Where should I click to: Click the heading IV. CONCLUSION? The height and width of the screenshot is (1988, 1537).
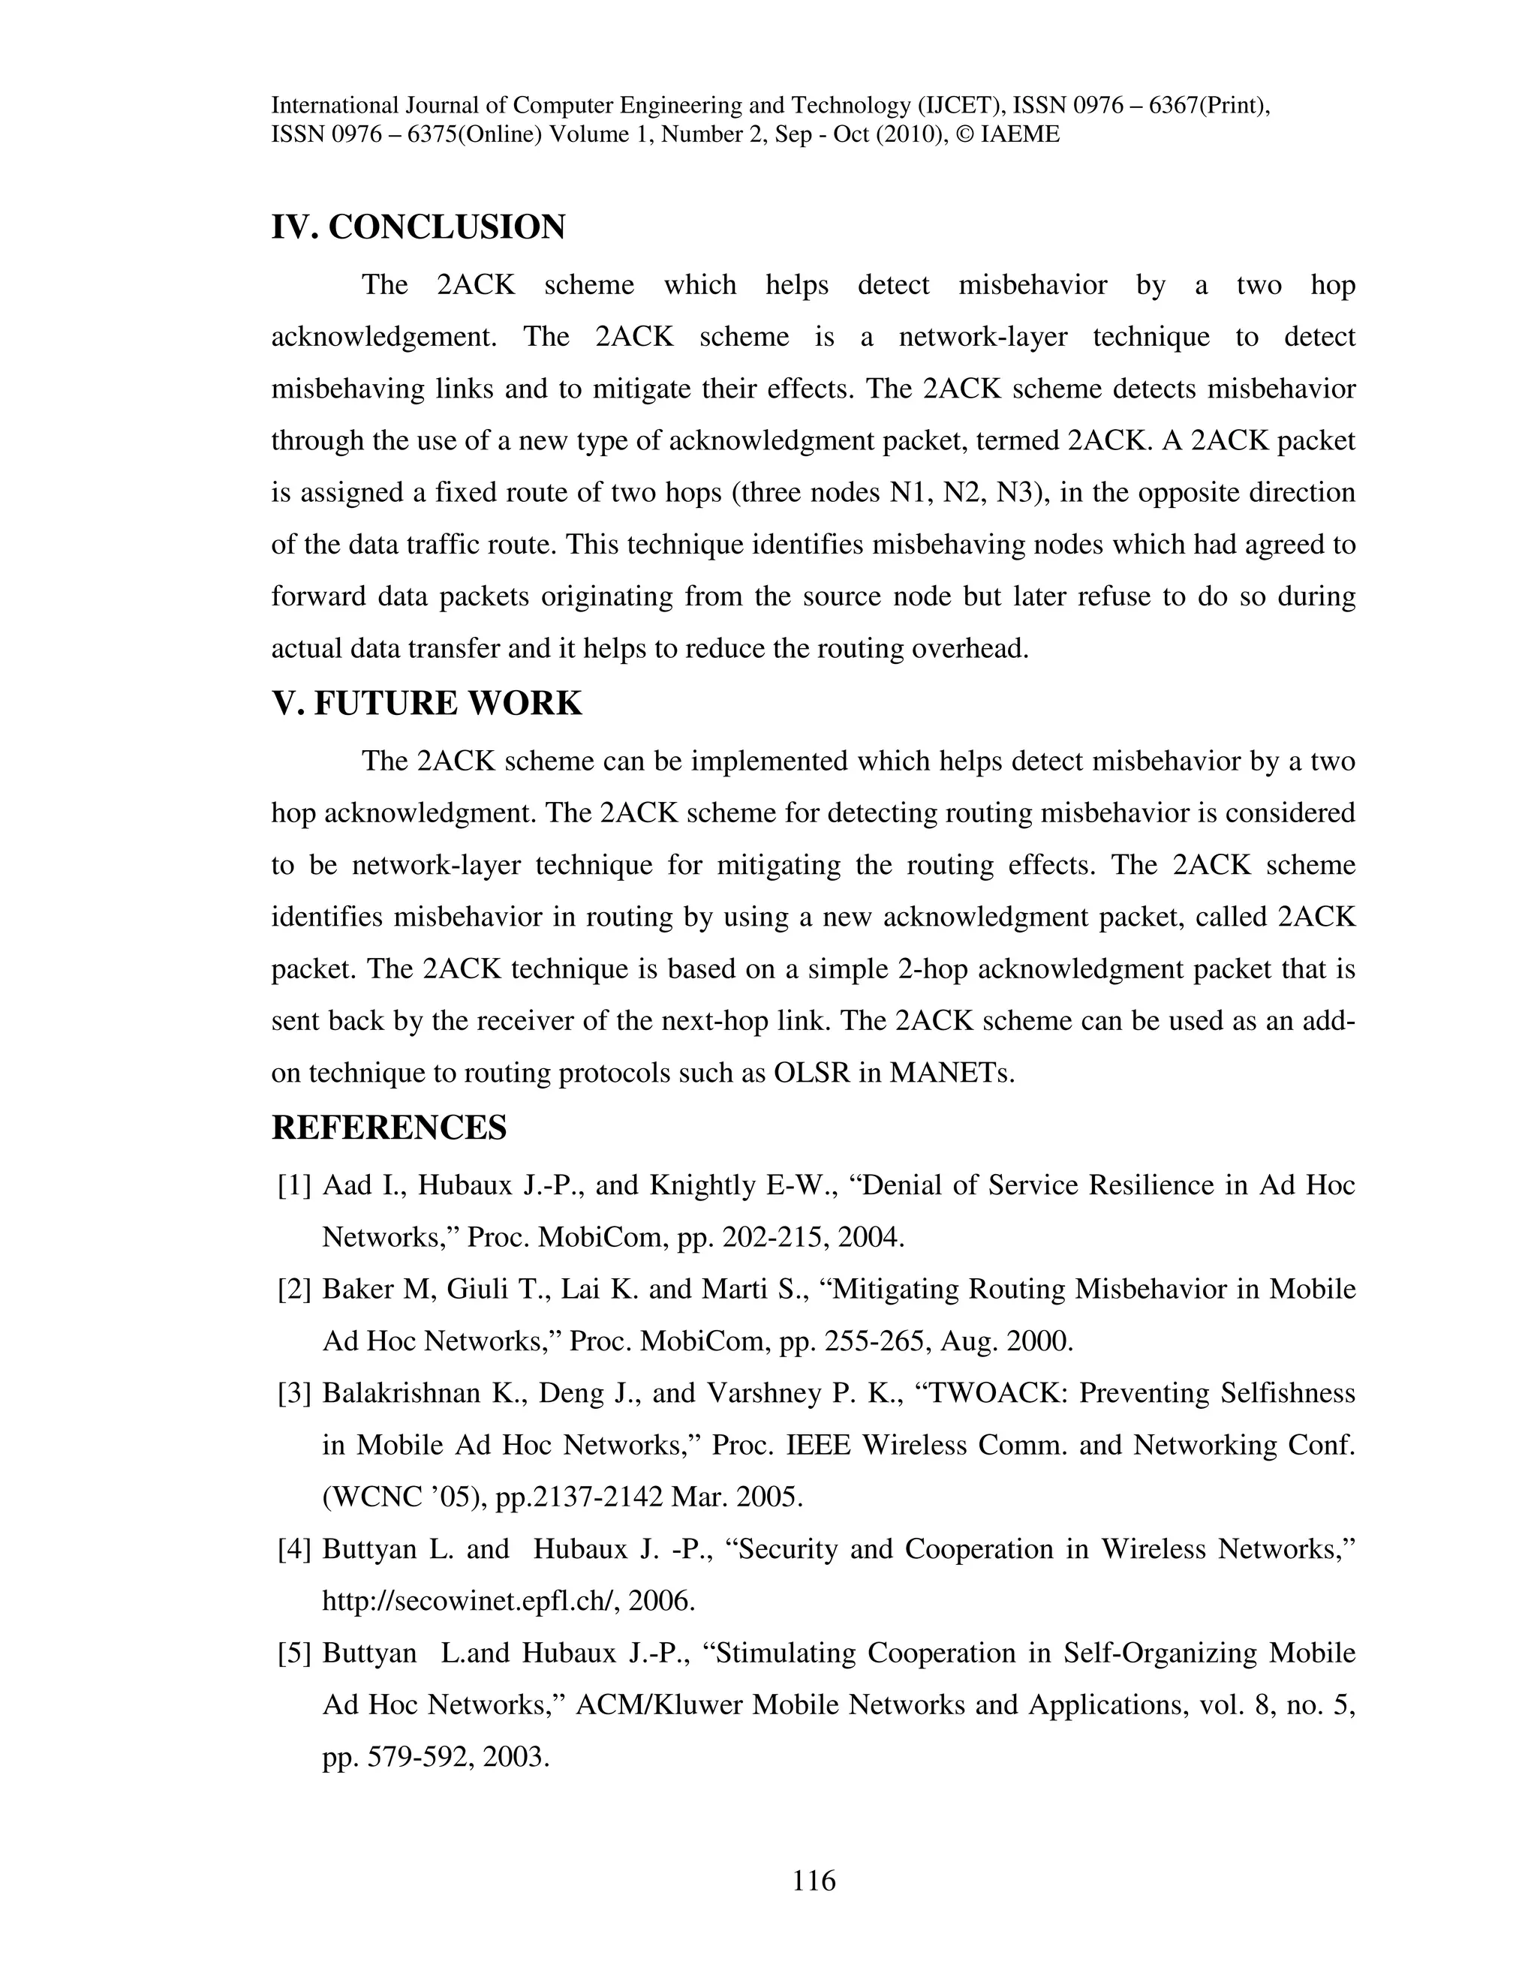(418, 227)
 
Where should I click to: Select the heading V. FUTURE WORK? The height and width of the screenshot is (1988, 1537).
(426, 704)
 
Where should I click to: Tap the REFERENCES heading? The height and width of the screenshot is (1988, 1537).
(389, 1128)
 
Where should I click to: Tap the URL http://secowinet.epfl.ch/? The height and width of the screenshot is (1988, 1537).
(471, 1601)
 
